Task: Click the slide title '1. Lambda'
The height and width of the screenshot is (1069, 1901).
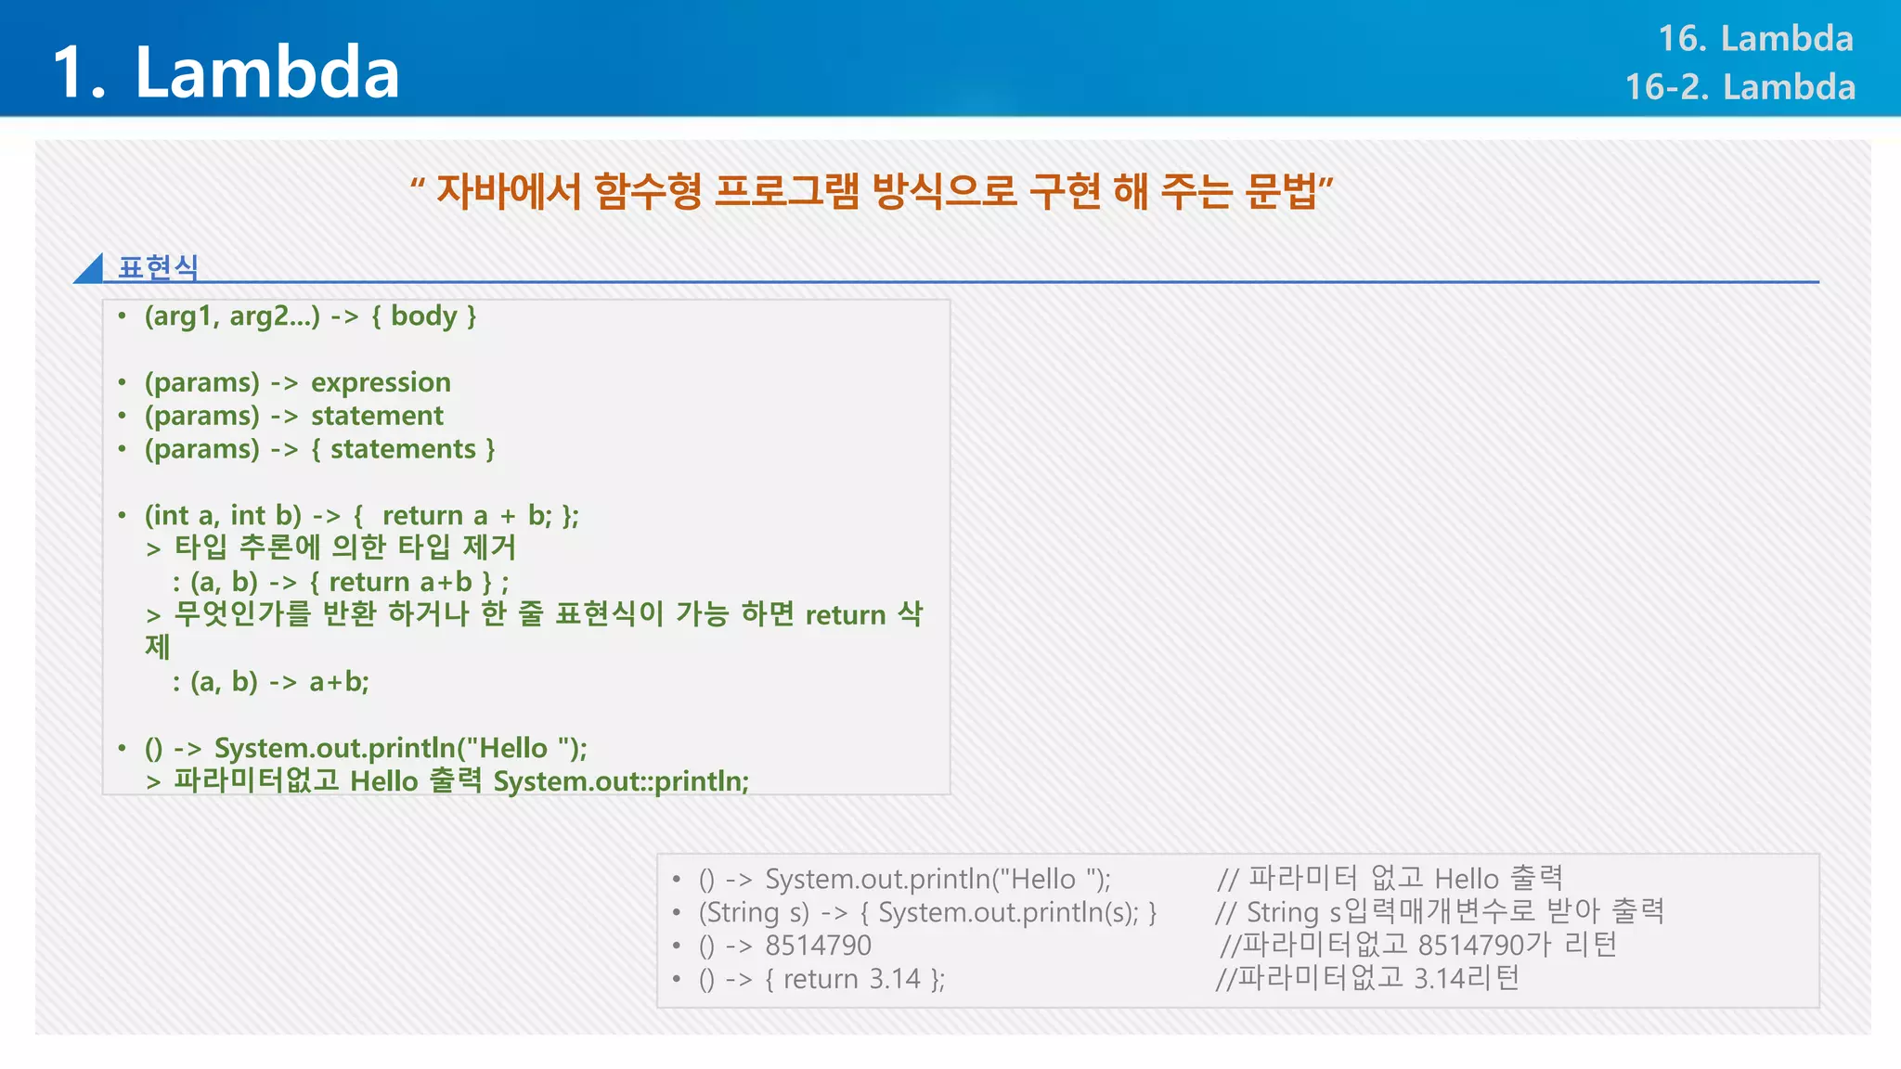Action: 226,72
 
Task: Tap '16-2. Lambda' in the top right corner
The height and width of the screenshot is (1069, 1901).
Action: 1739,87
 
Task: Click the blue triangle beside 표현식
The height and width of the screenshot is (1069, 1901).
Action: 90,269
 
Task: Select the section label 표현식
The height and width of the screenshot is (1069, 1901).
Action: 158,267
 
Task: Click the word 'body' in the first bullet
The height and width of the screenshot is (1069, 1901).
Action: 423,316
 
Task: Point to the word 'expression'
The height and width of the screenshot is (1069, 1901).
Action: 381,382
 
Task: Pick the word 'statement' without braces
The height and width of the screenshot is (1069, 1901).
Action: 377,416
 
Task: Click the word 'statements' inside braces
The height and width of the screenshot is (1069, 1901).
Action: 403,449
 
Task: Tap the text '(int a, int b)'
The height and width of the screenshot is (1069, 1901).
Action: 223,515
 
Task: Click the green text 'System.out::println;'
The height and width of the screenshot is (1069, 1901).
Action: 621,781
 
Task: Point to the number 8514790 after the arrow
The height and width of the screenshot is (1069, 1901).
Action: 818,946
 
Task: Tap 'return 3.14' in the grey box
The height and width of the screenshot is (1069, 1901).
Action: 851,979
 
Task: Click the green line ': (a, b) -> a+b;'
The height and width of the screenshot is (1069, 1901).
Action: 270,682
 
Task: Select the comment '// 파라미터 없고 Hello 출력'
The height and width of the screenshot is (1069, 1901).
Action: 1390,878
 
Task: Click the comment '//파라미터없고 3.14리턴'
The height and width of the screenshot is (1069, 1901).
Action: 1367,978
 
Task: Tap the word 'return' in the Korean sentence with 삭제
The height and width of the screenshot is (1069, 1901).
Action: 845,614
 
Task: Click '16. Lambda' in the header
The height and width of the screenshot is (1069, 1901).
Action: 1754,39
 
